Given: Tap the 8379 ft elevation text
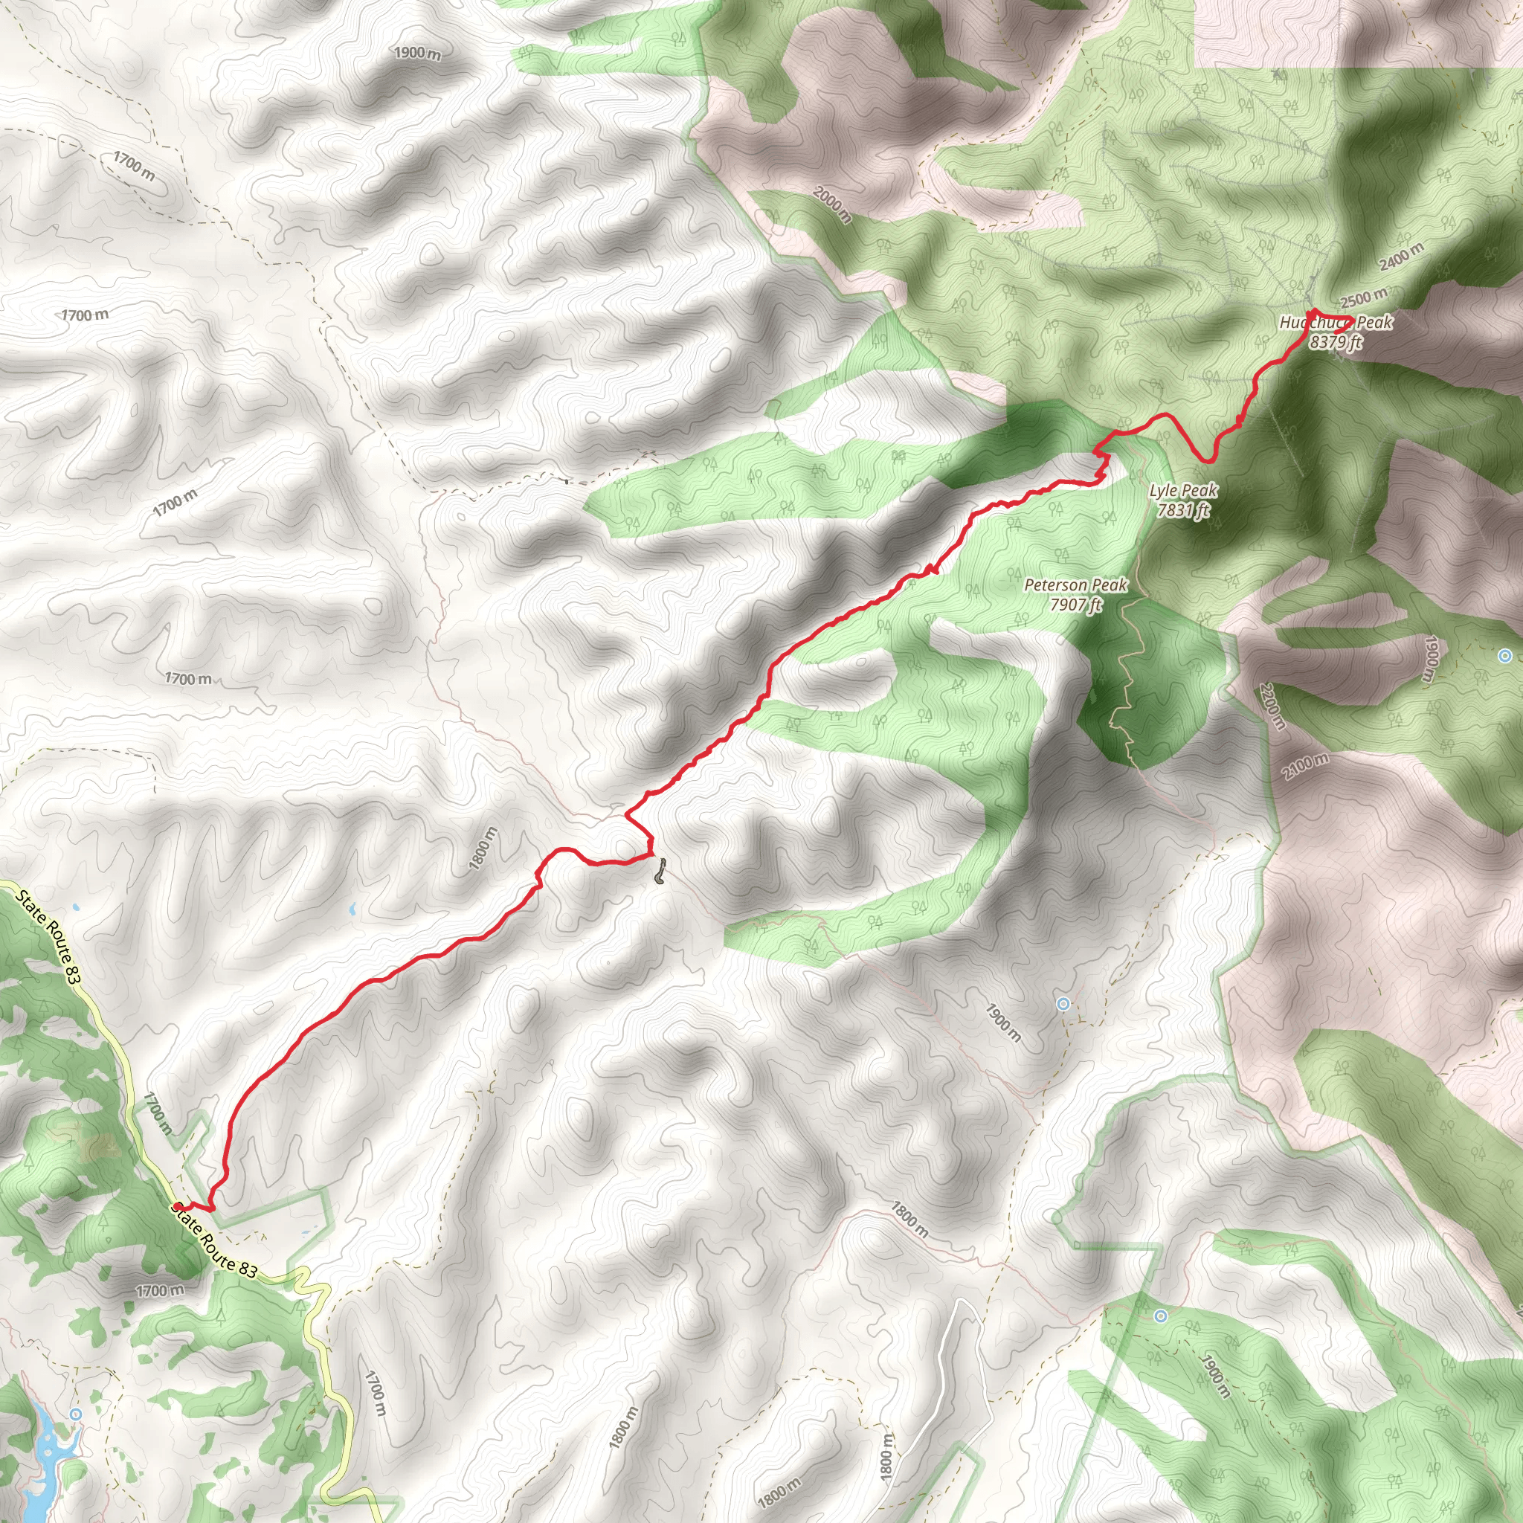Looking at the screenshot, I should pos(1336,342).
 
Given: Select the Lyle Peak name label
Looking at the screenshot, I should pos(1183,490).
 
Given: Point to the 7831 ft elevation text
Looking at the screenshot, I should pos(1183,510).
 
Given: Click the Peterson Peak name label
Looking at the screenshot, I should pos(1075,585).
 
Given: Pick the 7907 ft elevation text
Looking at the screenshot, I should pos(1075,605).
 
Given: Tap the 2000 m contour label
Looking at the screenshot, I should pos(831,205).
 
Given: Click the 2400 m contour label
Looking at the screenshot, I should pos(1402,257).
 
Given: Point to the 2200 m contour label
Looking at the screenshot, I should pos(1272,706).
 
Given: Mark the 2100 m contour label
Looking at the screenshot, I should pos(1304,766).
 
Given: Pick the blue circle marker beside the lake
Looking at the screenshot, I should pos(76,1414).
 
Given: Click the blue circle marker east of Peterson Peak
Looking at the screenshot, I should pos(1505,656).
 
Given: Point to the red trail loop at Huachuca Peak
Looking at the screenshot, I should pos(1330,321).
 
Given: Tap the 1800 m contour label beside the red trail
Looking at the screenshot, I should pos(483,849).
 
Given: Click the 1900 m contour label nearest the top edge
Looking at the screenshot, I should pos(418,53).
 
